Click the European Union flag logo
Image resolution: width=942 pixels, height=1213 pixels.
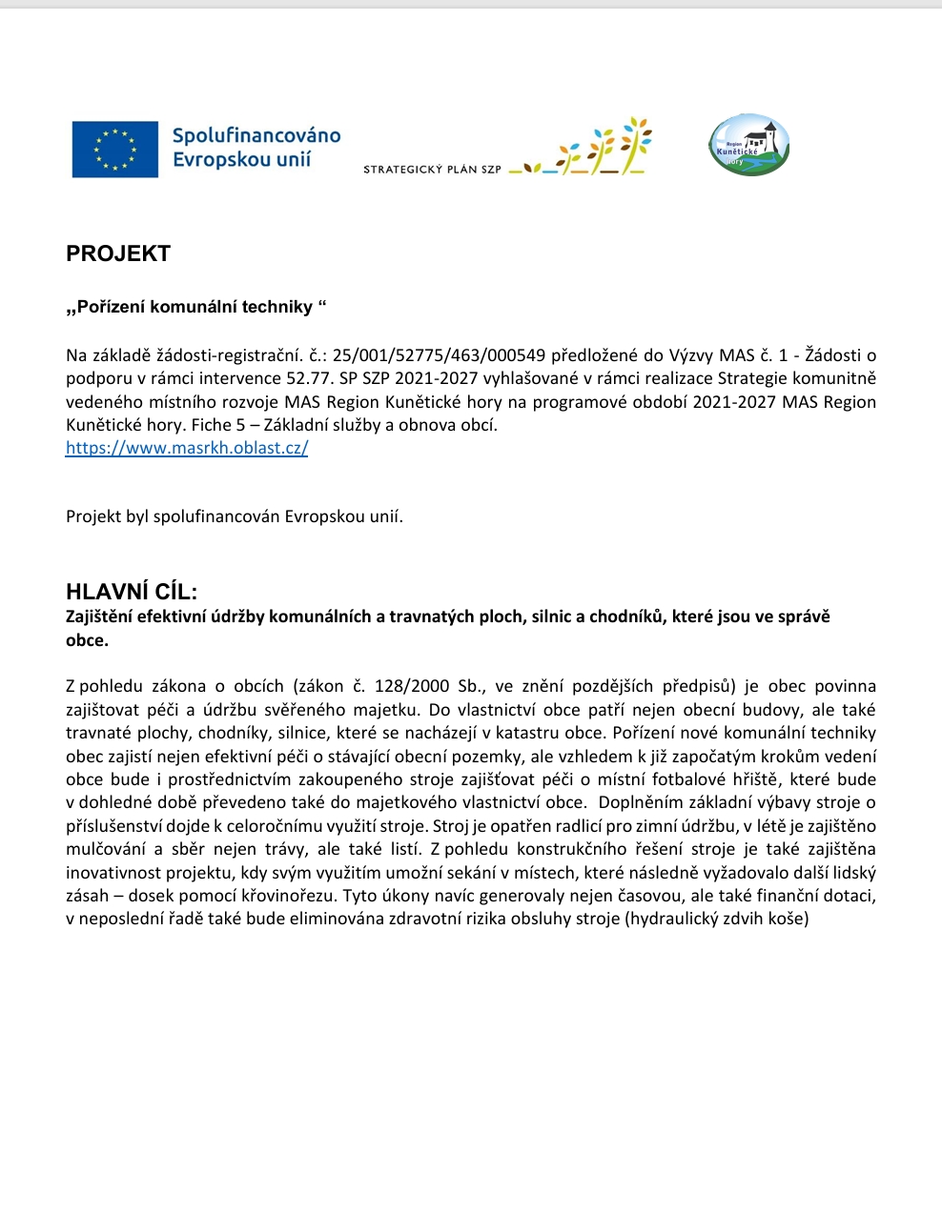[x=115, y=150]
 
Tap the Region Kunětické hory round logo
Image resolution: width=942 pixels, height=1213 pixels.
[x=749, y=146]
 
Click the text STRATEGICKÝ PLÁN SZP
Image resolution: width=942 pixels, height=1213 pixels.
[x=432, y=170]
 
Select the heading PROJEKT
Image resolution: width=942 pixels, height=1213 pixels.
[x=118, y=253]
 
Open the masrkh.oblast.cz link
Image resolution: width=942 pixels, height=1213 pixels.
[x=187, y=448]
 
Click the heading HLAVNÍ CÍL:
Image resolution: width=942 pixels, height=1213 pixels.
[x=132, y=592]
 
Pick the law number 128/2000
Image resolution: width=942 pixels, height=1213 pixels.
[x=412, y=686]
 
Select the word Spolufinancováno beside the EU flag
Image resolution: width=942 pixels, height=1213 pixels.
[x=256, y=135]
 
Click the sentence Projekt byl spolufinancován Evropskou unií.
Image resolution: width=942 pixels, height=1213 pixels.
[x=235, y=516]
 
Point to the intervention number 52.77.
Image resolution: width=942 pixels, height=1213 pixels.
[x=309, y=378]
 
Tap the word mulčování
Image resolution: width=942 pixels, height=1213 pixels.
[x=106, y=849]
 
